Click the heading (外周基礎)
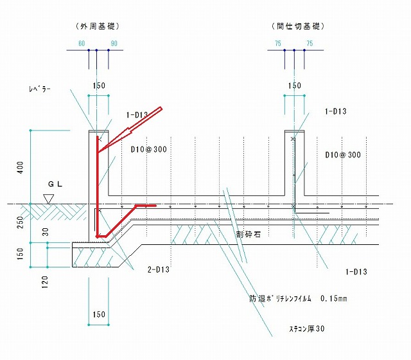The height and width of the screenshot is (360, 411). point(98,26)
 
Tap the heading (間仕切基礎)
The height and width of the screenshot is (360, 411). point(298,26)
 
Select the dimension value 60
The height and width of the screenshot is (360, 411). point(82,43)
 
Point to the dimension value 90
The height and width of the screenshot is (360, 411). point(114,43)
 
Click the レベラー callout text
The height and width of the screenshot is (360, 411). point(39,89)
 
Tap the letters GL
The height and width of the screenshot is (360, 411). point(55,184)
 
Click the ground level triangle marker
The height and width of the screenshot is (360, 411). point(49,199)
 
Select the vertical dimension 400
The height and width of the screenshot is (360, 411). point(20,167)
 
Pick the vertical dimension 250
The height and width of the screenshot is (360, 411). point(20,222)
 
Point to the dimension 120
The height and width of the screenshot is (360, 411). point(45,282)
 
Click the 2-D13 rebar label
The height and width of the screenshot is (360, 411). point(159,269)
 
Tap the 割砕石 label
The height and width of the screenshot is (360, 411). point(249,234)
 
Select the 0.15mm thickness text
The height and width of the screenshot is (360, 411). point(334,298)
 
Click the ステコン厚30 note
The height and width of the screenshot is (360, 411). point(307,328)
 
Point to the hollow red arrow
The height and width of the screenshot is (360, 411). point(130,130)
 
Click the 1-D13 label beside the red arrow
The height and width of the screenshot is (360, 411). point(137,115)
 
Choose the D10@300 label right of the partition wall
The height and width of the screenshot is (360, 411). point(343,155)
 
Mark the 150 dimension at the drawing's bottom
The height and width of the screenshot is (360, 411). point(99,314)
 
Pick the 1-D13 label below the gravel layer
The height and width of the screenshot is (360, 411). point(356,271)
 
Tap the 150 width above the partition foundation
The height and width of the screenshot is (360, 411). point(295,85)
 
